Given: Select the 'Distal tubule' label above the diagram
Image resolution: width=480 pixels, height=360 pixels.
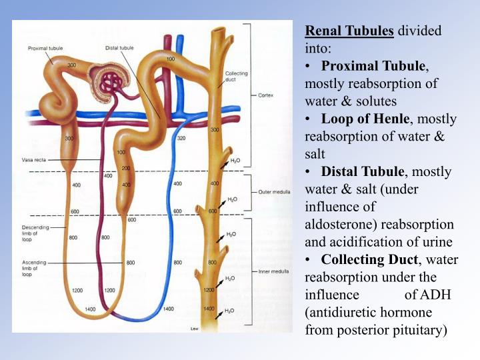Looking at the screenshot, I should pos(121,48).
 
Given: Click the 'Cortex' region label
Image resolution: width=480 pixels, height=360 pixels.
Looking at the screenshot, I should pos(265,95).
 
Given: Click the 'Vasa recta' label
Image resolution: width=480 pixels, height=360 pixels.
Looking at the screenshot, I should pos(31,161).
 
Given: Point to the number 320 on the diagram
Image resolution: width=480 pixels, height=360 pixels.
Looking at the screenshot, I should pos(181,139).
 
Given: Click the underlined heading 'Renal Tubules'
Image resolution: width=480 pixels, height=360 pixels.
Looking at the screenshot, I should pos(349,31).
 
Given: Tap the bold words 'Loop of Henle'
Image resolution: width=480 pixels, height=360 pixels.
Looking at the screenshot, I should pos(365,119).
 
